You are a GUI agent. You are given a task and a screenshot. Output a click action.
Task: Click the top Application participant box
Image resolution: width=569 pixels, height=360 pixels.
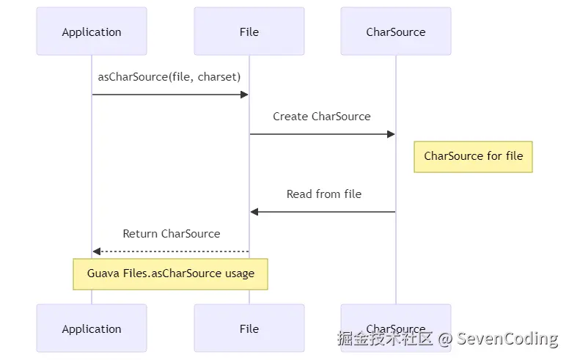[92, 32]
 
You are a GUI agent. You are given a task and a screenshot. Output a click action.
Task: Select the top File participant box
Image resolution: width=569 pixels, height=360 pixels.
[249, 32]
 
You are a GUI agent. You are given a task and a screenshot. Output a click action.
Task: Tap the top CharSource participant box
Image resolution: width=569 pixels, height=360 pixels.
[396, 32]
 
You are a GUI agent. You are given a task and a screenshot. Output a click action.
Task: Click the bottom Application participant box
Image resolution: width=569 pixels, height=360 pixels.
[92, 329]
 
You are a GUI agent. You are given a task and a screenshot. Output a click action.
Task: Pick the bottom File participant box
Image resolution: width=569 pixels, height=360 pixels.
[249, 329]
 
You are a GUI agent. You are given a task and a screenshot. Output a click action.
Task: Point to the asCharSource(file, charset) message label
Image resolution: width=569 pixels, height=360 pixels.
[169, 77]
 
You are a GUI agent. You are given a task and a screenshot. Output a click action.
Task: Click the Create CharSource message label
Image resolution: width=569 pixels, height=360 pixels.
[322, 117]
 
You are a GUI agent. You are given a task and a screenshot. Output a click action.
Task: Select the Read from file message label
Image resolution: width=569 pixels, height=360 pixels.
[324, 194]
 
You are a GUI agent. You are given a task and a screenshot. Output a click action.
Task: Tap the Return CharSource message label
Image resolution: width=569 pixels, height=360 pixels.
[172, 234]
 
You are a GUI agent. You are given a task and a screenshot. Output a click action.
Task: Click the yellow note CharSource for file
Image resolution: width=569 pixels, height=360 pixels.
[474, 156]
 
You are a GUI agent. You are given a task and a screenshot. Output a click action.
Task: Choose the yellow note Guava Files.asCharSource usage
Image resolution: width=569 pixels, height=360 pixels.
[171, 273]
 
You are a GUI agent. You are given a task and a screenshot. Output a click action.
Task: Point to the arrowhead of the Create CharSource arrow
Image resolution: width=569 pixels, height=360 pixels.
[391, 134]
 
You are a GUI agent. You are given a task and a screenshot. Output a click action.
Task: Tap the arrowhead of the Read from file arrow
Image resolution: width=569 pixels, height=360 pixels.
[254, 212]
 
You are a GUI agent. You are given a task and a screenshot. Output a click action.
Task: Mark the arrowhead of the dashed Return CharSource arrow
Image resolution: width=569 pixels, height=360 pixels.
[97, 251]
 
